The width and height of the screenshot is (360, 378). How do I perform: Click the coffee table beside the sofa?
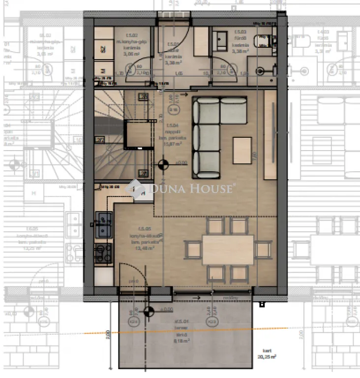[242, 150]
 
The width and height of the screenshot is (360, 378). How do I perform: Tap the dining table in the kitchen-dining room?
[228, 250]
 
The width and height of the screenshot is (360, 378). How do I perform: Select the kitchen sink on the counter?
[104, 224]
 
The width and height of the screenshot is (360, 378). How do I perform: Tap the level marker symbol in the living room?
[162, 165]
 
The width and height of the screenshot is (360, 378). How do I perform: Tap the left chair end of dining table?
[193, 250]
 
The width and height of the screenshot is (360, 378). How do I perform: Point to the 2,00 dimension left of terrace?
[107, 337]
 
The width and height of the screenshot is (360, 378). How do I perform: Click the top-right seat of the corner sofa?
[233, 110]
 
